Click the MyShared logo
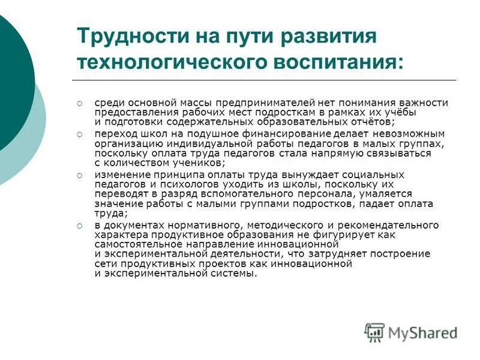(411, 331)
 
